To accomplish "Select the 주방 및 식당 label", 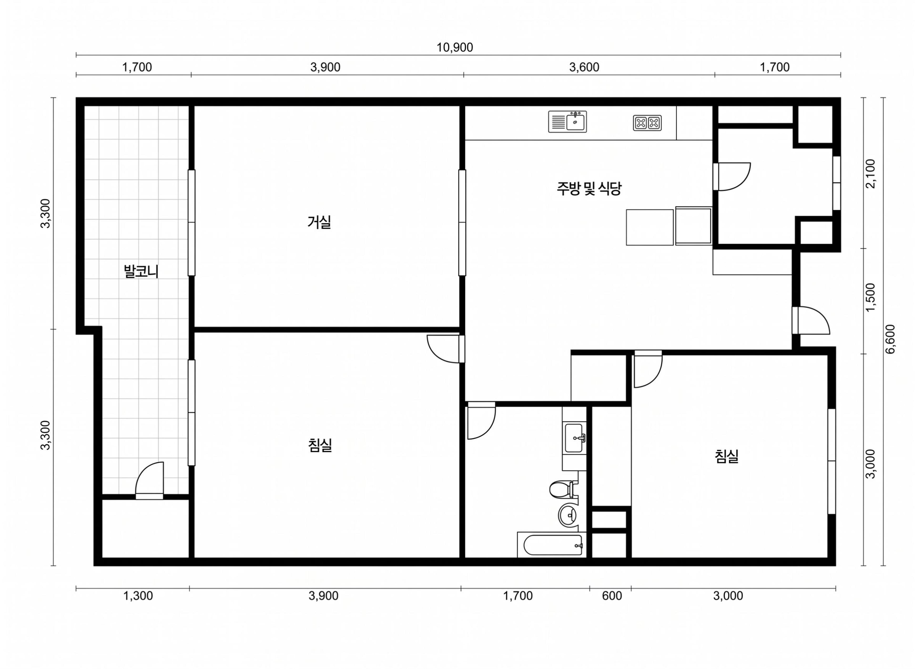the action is coord(589,188).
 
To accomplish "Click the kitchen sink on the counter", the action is coord(567,121).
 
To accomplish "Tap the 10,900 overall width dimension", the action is coord(454,48).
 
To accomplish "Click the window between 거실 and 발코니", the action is coord(191,223).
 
